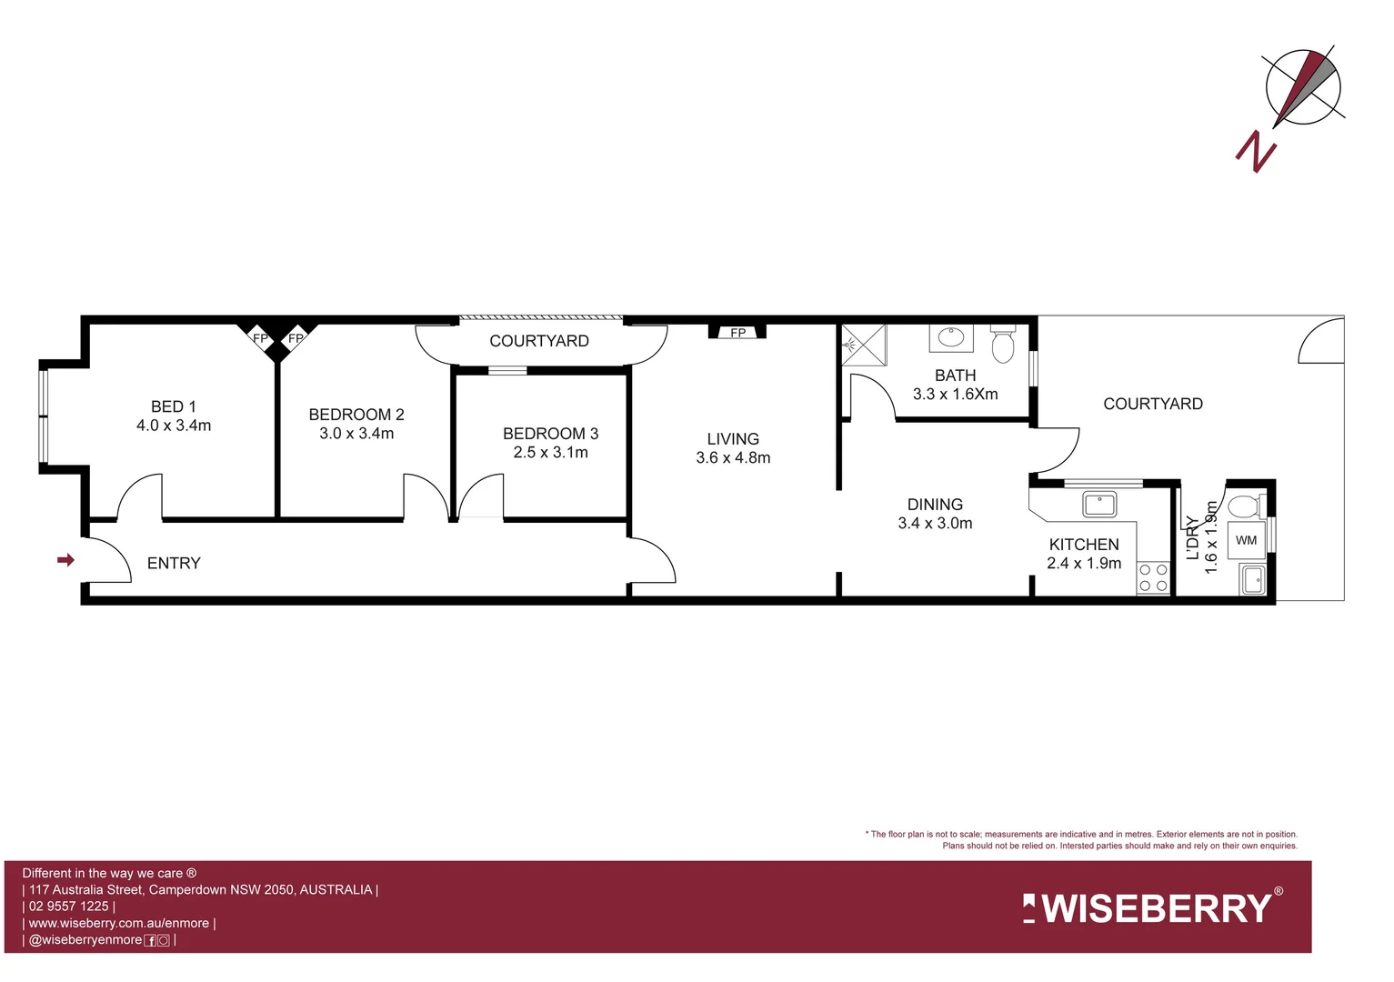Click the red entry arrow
click(x=65, y=560)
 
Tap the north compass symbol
click(x=1302, y=87)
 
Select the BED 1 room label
click(x=174, y=406)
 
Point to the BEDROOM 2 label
click(x=356, y=415)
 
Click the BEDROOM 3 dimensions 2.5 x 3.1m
click(x=550, y=453)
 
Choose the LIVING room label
click(x=733, y=439)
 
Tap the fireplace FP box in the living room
click(x=737, y=333)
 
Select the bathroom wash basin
click(x=951, y=338)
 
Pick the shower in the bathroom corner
click(x=863, y=346)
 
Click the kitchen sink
click(x=1099, y=503)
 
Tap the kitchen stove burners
click(x=1154, y=577)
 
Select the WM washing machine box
click(x=1246, y=540)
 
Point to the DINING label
click(x=935, y=505)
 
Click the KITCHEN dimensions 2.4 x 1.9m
click(x=1084, y=564)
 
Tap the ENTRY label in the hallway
click(x=174, y=564)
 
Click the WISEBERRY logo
click(x=1153, y=907)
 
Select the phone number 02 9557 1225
click(x=69, y=907)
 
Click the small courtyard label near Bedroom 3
click(x=539, y=341)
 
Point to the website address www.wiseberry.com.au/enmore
click(x=119, y=923)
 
